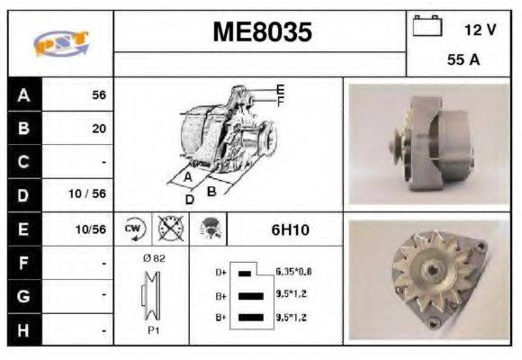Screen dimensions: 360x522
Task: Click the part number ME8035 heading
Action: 262,32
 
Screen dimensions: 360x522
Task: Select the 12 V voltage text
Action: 480,30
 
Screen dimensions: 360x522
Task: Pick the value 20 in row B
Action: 98,129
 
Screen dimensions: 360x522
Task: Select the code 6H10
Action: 290,229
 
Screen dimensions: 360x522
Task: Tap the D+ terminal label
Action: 221,272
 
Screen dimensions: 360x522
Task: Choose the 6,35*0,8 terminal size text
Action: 294,271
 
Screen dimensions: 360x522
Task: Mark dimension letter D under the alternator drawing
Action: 189,199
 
